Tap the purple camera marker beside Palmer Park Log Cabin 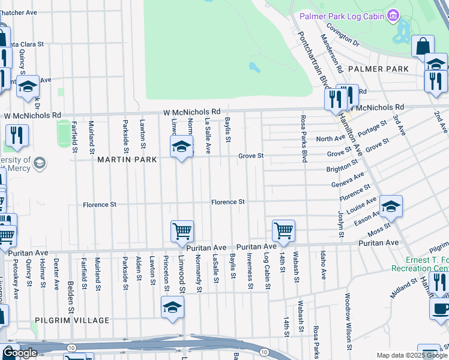(x=393, y=14)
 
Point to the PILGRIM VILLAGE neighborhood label (x=72, y=320)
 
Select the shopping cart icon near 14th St (x=283, y=230)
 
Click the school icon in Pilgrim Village (x=172, y=308)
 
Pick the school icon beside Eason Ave (x=391, y=207)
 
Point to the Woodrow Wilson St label (x=348, y=321)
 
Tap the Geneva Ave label (x=348, y=180)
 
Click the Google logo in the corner (x=20, y=353)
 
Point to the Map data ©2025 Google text (x=411, y=355)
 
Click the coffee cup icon (x=441, y=309)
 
